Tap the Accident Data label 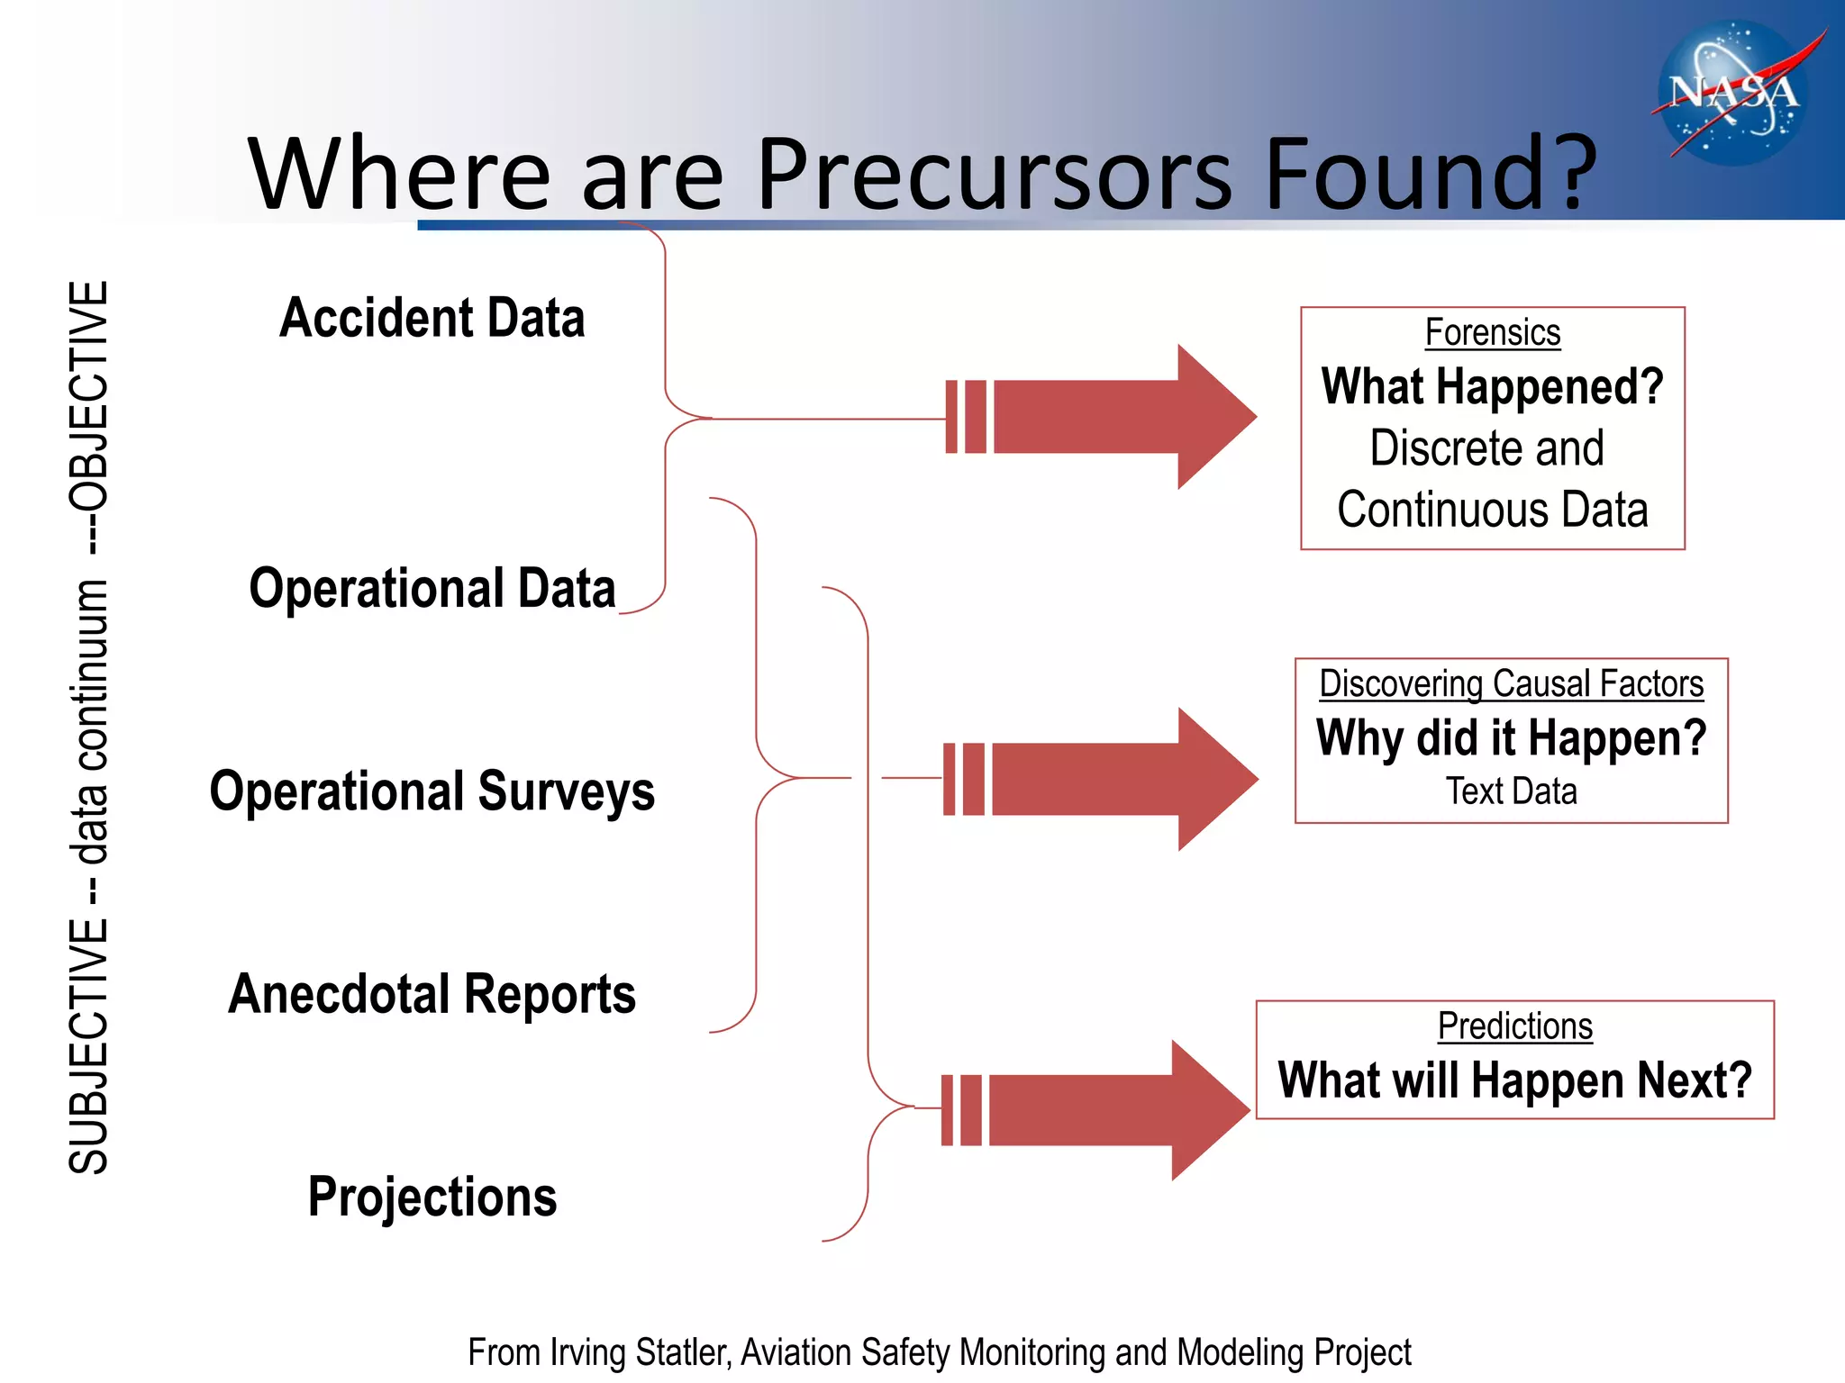point(432,318)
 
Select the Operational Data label point(432,589)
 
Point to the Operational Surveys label point(432,791)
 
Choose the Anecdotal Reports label point(432,994)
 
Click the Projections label point(432,1197)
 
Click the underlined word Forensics point(1492,332)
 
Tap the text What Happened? point(1492,386)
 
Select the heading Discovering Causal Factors point(1511,683)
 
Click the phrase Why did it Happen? point(1511,737)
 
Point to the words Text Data point(1511,791)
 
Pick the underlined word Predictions point(1514,1026)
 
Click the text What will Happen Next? point(1514,1080)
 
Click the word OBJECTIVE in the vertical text point(89,396)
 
